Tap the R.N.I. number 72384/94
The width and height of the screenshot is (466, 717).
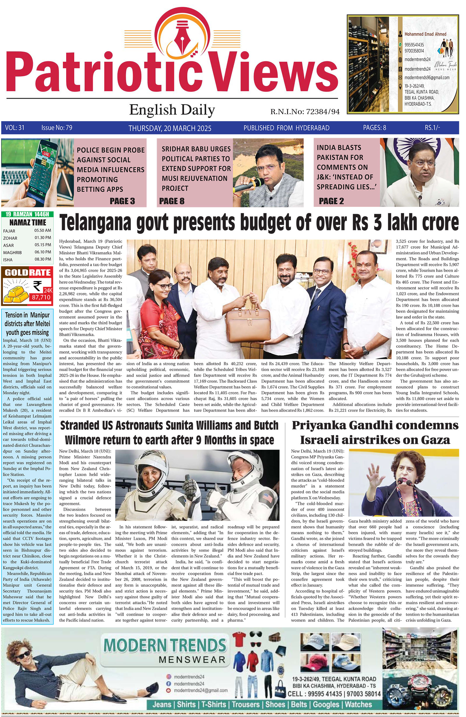click(x=323, y=112)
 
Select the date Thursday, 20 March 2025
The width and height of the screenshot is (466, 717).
click(x=170, y=128)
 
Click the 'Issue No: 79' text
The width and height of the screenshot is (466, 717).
click(x=57, y=128)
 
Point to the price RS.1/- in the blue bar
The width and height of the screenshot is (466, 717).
click(x=432, y=128)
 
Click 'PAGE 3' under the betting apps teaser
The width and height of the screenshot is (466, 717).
click(x=122, y=201)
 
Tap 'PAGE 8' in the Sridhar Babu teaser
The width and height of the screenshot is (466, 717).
click(x=172, y=201)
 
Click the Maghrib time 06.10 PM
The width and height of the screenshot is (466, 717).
click(x=43, y=252)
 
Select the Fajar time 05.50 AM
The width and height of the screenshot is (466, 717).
click(x=43, y=230)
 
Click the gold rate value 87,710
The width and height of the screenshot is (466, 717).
click(x=41, y=297)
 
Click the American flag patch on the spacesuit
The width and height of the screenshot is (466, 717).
click(x=266, y=496)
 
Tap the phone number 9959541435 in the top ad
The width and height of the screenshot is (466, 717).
click(x=414, y=45)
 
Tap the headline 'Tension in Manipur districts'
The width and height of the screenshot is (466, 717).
click(x=27, y=324)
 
